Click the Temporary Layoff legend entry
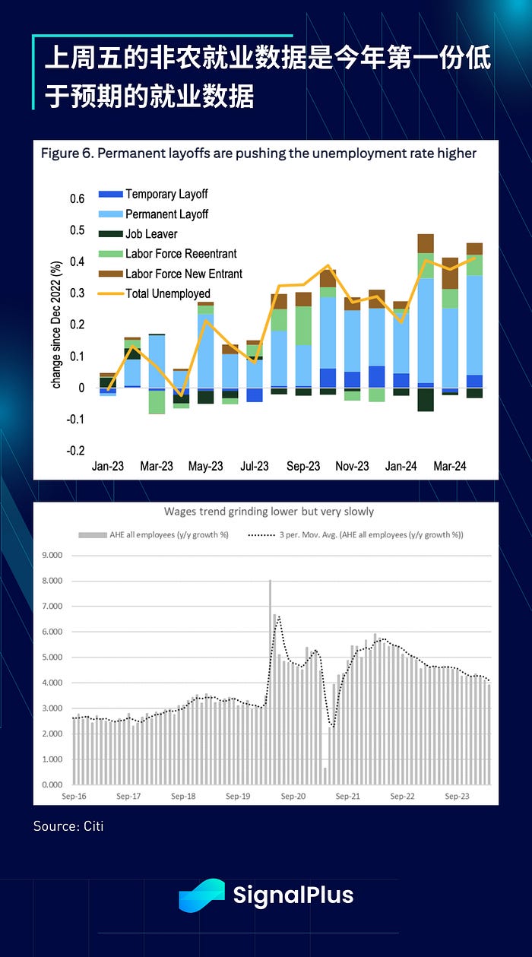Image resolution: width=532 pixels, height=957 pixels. pos(166,194)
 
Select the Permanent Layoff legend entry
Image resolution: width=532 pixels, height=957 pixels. pos(166,214)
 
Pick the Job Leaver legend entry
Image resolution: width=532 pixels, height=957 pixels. pos(151,233)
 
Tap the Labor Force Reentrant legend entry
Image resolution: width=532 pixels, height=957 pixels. pos(181,253)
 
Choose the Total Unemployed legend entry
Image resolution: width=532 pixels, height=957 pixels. pos(168,293)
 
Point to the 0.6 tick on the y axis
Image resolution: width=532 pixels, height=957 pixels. pos(78,199)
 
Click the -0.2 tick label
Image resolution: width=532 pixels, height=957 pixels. pos(75,451)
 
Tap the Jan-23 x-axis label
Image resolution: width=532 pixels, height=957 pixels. pos(108,467)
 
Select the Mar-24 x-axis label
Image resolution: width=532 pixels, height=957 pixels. pos(450,467)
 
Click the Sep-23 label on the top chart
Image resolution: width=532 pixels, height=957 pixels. pos(303,467)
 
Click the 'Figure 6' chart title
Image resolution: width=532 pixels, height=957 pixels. pos(258,154)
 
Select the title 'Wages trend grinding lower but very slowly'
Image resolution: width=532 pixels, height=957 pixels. pos(269,512)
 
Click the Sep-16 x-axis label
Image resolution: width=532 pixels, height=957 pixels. pos(74,797)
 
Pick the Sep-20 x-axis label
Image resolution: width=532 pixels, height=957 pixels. pos(293,797)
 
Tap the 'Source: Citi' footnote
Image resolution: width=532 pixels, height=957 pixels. pos(68,825)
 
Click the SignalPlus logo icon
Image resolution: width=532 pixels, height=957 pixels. pos(201,895)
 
